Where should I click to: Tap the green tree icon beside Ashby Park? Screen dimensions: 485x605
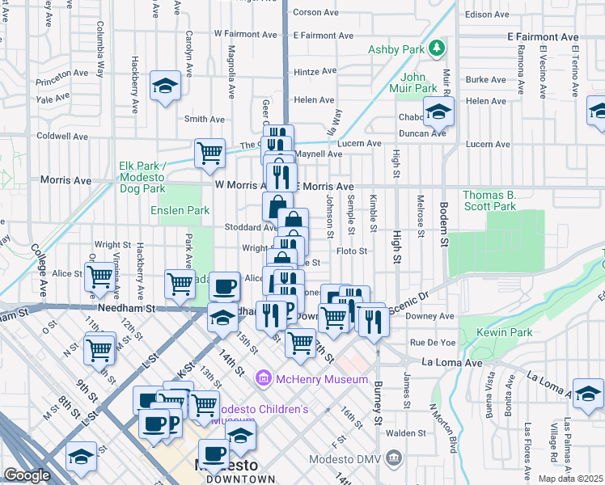click(437, 48)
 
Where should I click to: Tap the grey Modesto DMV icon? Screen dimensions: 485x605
click(393, 458)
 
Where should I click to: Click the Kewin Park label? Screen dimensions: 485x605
click(510, 332)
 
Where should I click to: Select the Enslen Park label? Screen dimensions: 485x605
click(180, 210)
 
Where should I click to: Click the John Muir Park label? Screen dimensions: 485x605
click(413, 82)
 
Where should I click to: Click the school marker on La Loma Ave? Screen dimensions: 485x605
click(588, 394)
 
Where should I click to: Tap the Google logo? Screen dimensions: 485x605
click(26, 475)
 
